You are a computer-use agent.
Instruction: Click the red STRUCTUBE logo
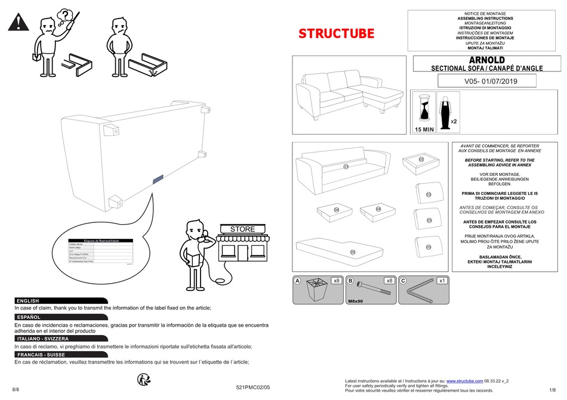337,34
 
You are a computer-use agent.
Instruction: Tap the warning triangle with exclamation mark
18,23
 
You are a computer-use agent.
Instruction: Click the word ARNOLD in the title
486,60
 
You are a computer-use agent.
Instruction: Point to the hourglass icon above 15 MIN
424,110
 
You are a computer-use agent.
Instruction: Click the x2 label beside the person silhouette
454,121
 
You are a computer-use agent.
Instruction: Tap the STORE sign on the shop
242,229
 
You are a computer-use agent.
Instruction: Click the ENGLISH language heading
28,301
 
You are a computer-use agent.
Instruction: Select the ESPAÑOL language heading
29,317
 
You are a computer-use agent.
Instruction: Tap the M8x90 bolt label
356,302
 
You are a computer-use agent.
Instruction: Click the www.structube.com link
464,380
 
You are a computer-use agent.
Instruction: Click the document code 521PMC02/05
253,387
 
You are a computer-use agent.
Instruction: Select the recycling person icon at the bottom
143,379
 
